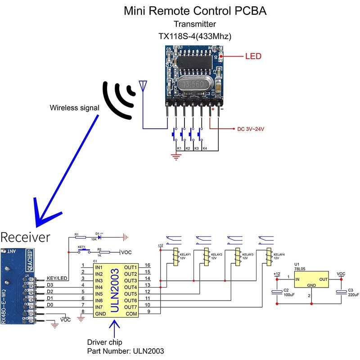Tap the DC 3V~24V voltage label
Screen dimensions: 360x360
tap(250, 129)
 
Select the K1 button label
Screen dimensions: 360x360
tap(179, 148)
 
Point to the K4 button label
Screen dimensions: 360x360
tap(205, 148)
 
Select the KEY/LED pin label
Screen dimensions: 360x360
tap(57, 279)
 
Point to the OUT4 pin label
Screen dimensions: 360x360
tap(130, 287)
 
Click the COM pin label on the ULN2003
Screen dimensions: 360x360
tap(131, 313)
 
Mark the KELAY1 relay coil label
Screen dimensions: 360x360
tap(185, 255)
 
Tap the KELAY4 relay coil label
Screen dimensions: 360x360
tap(279, 255)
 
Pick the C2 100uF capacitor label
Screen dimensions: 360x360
tap(289, 292)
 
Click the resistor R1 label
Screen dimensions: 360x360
tap(76, 234)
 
